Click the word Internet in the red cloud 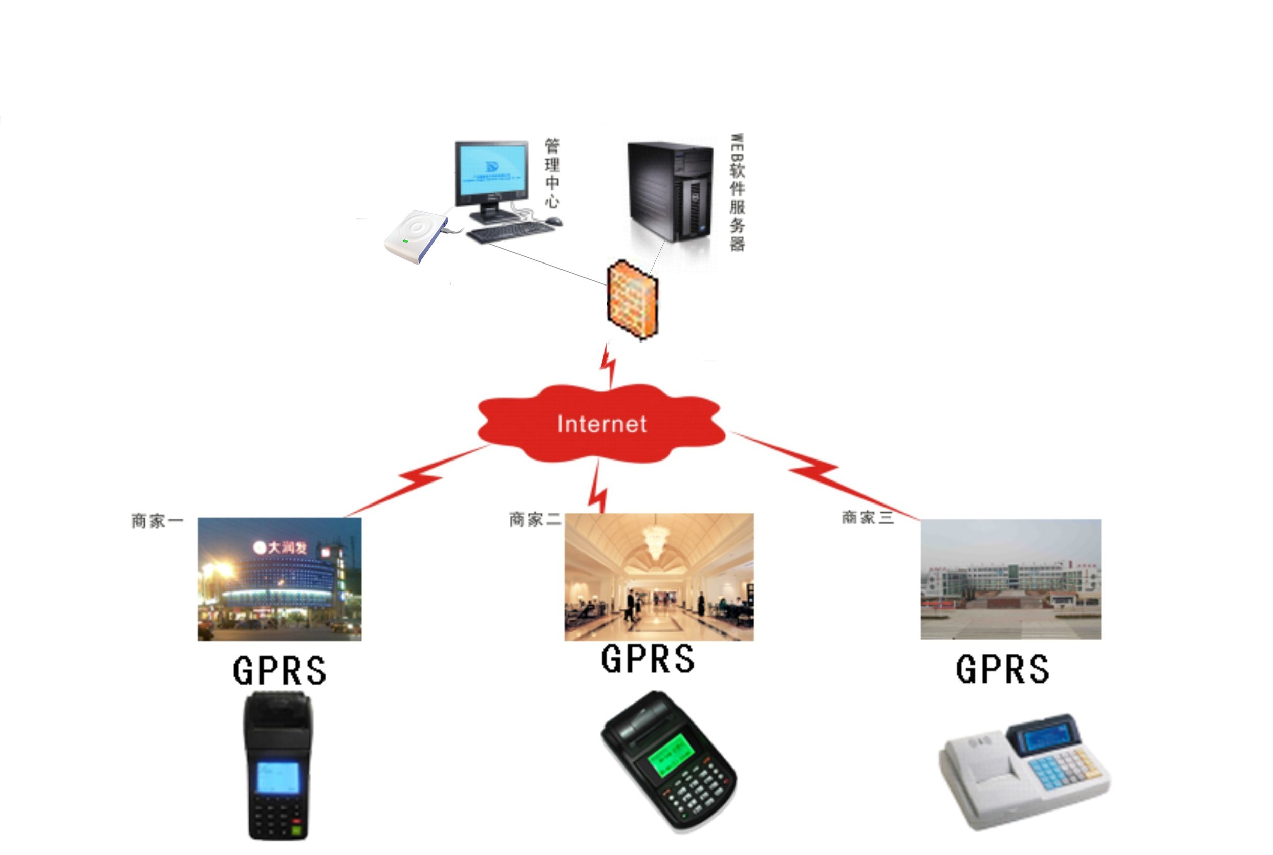point(601,424)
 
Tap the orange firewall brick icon point(633,300)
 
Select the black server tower point(670,191)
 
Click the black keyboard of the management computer point(510,231)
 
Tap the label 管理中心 point(552,173)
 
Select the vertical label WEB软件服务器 point(737,192)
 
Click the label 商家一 point(157,521)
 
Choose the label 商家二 point(534,519)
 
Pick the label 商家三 point(868,517)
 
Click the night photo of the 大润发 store point(279,579)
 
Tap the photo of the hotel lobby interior point(659,577)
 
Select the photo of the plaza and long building point(1010,579)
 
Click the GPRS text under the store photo point(280,670)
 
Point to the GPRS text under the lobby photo point(648,658)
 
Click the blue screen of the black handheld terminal point(277,777)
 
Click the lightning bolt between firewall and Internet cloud point(609,364)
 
